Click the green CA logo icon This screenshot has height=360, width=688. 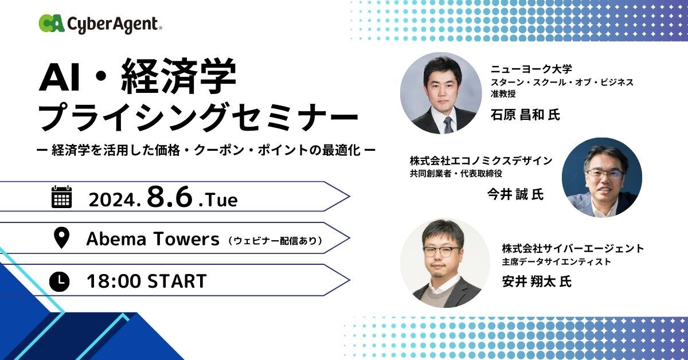point(51,23)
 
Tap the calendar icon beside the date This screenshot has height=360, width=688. point(61,197)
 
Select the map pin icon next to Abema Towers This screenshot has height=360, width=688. point(61,237)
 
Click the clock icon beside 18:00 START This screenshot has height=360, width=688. point(59,281)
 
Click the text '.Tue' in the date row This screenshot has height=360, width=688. point(218,199)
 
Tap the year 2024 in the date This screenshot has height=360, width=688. point(114,200)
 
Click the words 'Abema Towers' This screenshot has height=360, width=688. point(153,239)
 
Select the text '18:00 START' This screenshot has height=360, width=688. point(147,281)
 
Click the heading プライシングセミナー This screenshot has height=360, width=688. point(198,117)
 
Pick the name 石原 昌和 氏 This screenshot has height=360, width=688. point(525,115)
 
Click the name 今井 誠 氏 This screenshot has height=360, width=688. point(515,194)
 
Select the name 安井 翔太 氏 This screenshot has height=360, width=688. point(537,281)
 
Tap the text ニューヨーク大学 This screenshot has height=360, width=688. point(531,69)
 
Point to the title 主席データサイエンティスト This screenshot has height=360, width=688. point(556,262)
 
